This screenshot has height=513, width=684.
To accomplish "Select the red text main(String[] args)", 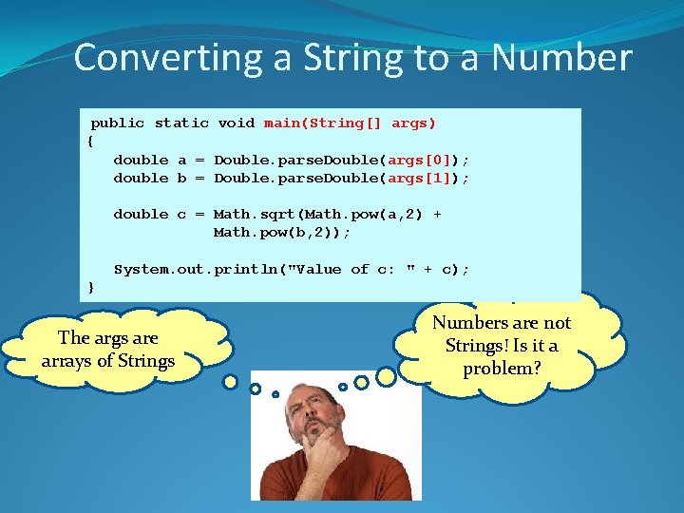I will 350,123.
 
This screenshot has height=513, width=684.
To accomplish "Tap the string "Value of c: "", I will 355,269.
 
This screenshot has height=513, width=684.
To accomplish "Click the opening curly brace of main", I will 90,141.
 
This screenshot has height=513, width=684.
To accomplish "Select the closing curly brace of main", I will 90,287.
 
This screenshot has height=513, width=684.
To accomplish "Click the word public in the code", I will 118,123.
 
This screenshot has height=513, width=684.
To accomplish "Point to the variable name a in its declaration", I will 181,160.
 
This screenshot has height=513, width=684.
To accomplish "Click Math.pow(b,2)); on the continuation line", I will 282,233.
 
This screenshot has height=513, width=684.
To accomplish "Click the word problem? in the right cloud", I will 502,368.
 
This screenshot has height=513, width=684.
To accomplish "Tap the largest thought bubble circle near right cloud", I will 387,376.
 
